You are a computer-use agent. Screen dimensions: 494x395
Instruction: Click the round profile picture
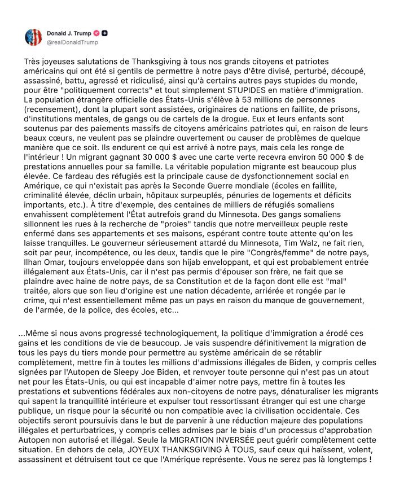pos(33,37)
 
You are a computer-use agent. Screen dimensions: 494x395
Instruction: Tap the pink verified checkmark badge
pos(96,33)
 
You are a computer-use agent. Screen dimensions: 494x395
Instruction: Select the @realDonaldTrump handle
pos(72,42)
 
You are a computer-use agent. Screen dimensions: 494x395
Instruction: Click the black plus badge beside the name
pos(105,33)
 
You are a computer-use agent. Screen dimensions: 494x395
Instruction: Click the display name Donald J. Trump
pos(69,33)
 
